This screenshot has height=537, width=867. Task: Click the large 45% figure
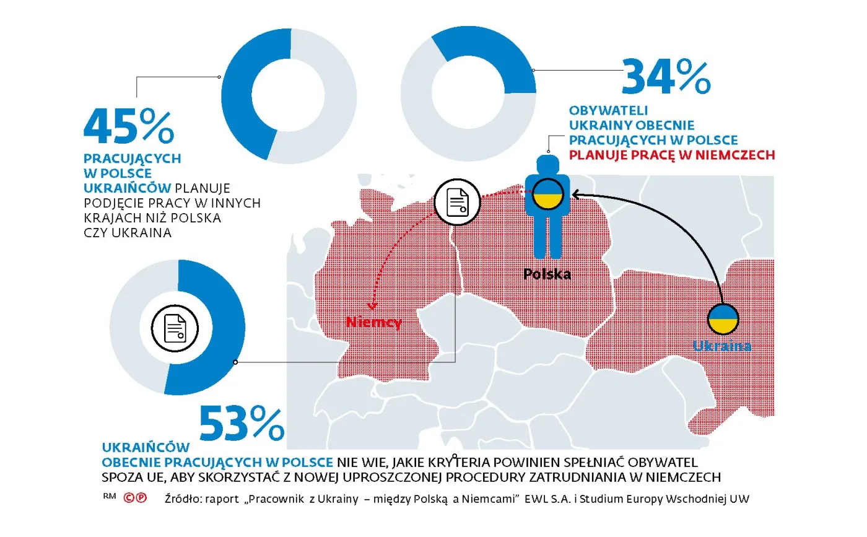(x=129, y=127)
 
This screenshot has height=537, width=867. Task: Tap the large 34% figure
(x=665, y=76)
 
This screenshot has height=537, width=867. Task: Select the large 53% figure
(x=242, y=424)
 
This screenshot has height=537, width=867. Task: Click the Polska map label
(x=547, y=273)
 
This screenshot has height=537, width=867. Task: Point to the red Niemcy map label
(x=373, y=322)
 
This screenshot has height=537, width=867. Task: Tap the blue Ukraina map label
(x=722, y=346)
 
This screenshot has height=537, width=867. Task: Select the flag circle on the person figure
(x=547, y=194)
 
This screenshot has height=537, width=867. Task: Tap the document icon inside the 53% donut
(x=175, y=328)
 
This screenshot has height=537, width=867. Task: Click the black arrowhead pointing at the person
(x=575, y=195)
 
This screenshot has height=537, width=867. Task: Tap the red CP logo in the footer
(x=135, y=497)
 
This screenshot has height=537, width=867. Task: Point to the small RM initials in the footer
(x=109, y=496)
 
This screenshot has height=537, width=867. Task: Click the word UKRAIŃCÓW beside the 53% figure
(x=146, y=448)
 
